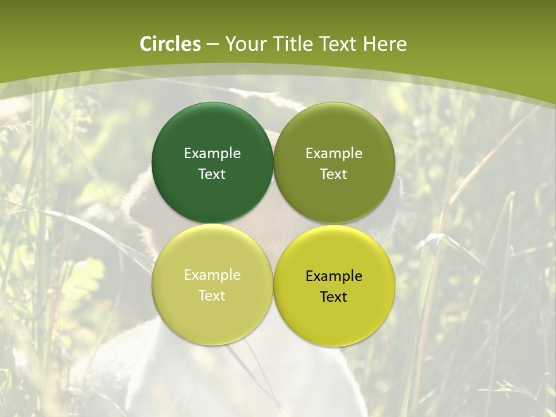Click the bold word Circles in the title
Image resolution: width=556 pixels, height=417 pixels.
pyautogui.click(x=170, y=44)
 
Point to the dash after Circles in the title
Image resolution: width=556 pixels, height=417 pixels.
pyautogui.click(x=213, y=45)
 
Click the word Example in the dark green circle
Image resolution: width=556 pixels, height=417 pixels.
pyautogui.click(x=212, y=153)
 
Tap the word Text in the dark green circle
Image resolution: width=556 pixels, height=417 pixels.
pyautogui.click(x=212, y=174)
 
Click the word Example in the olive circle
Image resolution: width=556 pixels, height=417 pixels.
pyautogui.click(x=334, y=153)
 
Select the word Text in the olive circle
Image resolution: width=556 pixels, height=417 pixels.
pyautogui.click(x=334, y=174)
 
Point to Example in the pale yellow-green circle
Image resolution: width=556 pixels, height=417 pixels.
pyautogui.click(x=212, y=275)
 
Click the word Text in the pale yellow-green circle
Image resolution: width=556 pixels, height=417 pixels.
pyautogui.click(x=212, y=295)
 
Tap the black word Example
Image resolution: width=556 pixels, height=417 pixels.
pyautogui.click(x=334, y=276)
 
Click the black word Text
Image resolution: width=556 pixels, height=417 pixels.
pyautogui.click(x=334, y=297)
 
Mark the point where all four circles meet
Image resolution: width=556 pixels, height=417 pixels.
pyautogui.click(x=273, y=224)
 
